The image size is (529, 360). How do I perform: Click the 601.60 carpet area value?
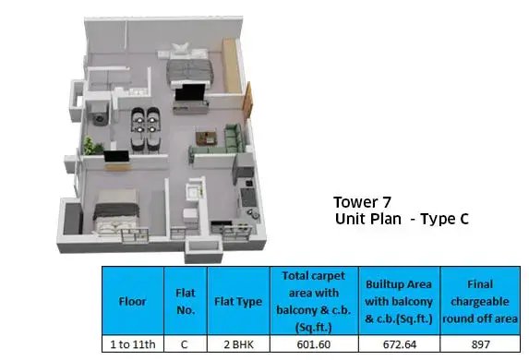pyautogui.click(x=313, y=344)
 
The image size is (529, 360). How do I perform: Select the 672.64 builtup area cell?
pyautogui.click(x=400, y=344)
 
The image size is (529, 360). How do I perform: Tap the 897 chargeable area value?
pyautogui.click(x=480, y=344)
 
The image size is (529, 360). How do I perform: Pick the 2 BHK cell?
pyautogui.click(x=238, y=344)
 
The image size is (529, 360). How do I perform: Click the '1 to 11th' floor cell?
pyautogui.click(x=133, y=344)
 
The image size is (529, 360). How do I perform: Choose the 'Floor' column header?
pyautogui.click(x=132, y=301)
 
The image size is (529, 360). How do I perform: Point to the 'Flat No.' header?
pyautogui.click(x=186, y=301)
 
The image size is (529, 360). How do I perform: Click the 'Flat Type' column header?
pyautogui.click(x=238, y=301)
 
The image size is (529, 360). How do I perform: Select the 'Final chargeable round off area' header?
pyautogui.click(x=480, y=301)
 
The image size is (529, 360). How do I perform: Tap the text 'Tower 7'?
pyautogui.click(x=362, y=202)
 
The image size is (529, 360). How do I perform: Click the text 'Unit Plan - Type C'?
pyautogui.click(x=402, y=219)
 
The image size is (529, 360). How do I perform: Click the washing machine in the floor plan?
pyautogui.click(x=100, y=114)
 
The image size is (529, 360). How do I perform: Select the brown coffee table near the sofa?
pyautogui.click(x=206, y=138)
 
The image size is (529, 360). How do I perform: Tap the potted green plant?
pyautogui.click(x=92, y=146)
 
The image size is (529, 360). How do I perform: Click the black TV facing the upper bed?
pyautogui.click(x=190, y=92)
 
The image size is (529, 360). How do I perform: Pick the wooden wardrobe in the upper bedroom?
pyautogui.click(x=232, y=66)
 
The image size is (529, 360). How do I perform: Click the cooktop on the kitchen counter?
pyautogui.click(x=248, y=198)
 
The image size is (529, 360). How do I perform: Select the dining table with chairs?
pyautogui.click(x=145, y=130)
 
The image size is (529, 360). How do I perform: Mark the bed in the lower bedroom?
pyautogui.click(x=116, y=212)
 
